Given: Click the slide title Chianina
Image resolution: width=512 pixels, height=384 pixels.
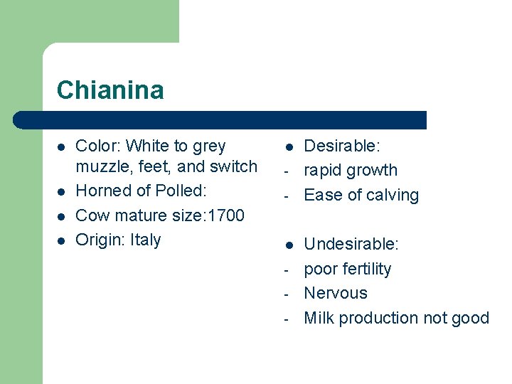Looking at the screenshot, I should point(110,90).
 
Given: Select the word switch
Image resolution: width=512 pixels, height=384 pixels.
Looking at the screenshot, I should point(233,167).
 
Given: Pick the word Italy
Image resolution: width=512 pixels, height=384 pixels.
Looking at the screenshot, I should point(146,240).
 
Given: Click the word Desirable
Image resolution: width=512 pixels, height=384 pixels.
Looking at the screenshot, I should point(341,146).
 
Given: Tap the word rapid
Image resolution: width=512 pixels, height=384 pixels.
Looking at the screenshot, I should point(321,171).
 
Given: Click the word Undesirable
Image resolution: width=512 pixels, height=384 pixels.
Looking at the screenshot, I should point(351,245).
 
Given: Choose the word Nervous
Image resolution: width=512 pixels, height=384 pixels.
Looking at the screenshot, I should point(336,293).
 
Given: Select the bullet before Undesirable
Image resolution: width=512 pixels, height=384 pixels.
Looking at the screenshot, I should point(289,245).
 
